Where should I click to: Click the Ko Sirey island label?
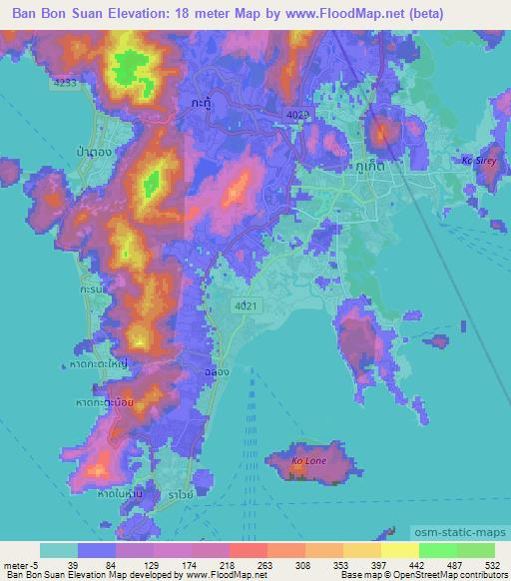(479, 161)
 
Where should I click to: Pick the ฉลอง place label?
(208, 370)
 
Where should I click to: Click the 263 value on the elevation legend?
(265, 565)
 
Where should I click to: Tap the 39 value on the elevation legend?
(74, 565)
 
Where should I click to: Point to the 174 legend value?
(193, 565)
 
